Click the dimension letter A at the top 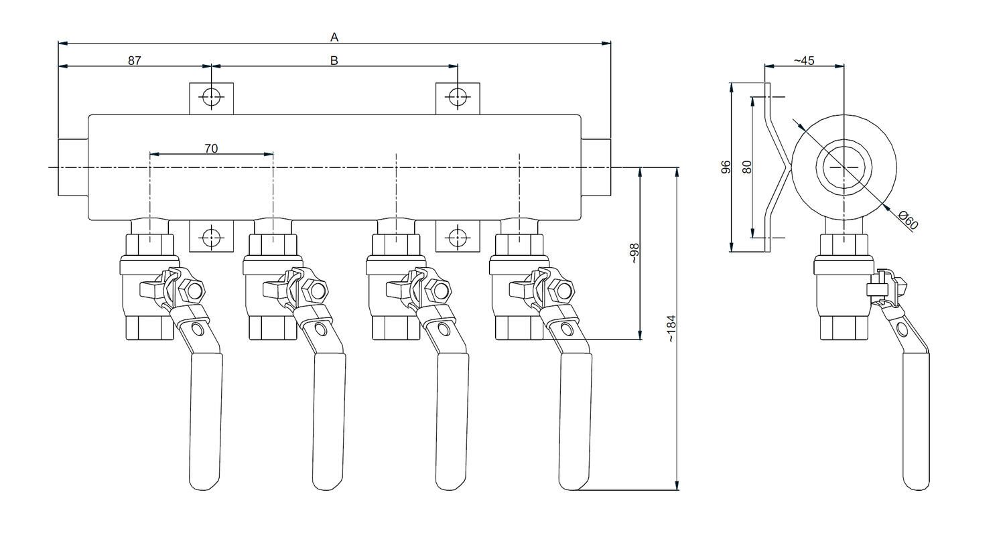pos(334,37)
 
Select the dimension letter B pos(334,60)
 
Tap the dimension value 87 pos(135,60)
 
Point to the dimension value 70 pos(211,148)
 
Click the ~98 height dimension pos(634,253)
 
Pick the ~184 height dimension pos(671,328)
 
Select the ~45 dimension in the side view pos(804,60)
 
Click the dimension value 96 pos(726,167)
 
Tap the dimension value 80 pos(747,166)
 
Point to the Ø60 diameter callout pos(908,220)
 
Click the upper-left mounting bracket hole pos(211,97)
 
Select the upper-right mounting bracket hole pos(458,97)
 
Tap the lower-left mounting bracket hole pos(211,236)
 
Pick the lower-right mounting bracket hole pos(458,236)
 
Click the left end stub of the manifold pos(73,167)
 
